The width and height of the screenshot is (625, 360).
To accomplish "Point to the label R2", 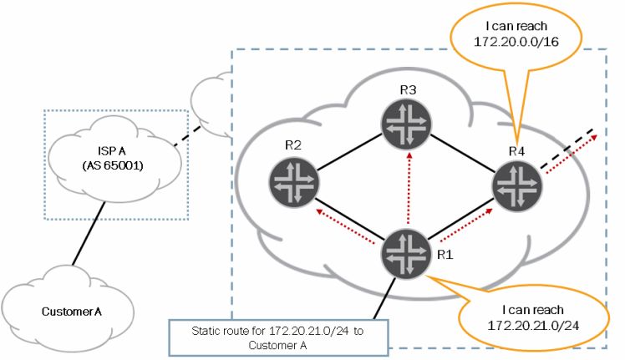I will (x=293, y=145).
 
